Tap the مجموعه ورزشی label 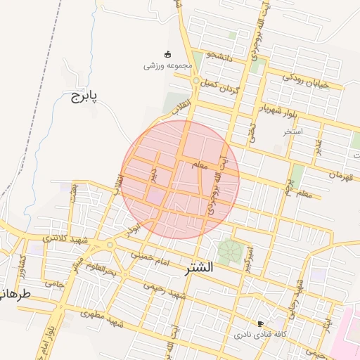pyautogui.click(x=167, y=65)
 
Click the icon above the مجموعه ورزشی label pyautogui.click(x=167, y=54)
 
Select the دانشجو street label pyautogui.click(x=220, y=54)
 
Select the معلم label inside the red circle pyautogui.click(x=199, y=165)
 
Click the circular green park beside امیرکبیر pyautogui.click(x=228, y=250)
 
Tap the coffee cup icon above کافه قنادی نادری pyautogui.click(x=261, y=324)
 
